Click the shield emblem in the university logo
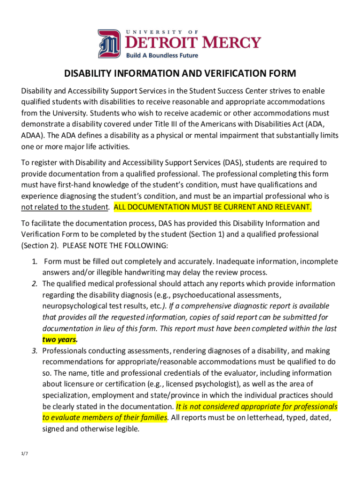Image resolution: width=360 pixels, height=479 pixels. point(109,43)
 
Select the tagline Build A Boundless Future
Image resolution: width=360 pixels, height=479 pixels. point(162,55)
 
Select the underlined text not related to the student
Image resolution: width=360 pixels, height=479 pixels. point(65,207)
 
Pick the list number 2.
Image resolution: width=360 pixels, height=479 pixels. point(35,284)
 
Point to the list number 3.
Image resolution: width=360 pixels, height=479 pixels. point(35,351)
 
